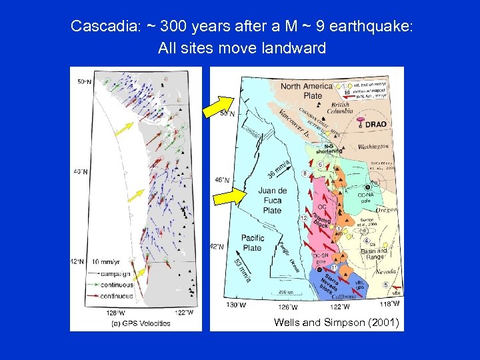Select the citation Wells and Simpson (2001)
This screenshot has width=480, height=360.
[336, 323]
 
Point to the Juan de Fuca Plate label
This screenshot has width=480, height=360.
[272, 201]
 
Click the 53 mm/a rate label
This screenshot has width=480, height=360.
[243, 269]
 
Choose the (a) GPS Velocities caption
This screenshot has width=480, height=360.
[141, 323]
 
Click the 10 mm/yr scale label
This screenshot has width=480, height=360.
[106, 261]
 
